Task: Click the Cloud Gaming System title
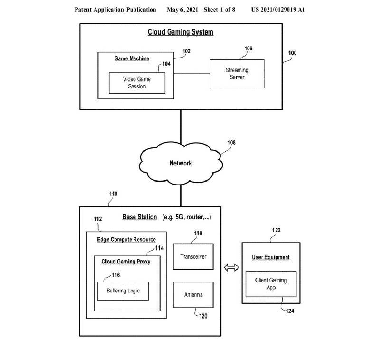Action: (180, 32)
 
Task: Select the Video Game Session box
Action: (137, 83)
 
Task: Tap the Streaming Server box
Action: (237, 73)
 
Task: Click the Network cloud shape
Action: (181, 163)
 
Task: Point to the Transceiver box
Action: (193, 257)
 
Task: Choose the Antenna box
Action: (193, 295)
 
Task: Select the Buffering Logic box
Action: (123, 291)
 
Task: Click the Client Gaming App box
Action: (270, 284)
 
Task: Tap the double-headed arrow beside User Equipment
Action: (231, 268)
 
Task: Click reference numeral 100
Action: (292, 53)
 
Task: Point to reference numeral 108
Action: (231, 142)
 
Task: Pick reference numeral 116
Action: (115, 275)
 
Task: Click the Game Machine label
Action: (132, 58)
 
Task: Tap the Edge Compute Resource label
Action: (126, 239)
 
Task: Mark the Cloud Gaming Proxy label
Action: (125, 262)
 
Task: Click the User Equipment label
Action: (270, 257)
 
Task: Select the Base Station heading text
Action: (139, 217)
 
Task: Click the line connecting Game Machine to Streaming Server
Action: (192, 73)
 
